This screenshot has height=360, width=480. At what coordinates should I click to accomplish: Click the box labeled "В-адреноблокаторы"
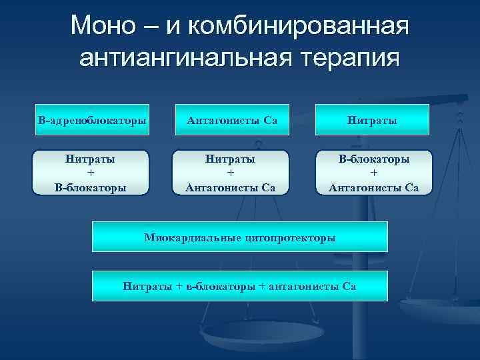click(x=92, y=121)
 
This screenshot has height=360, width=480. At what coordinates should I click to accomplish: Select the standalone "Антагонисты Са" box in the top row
click(x=232, y=121)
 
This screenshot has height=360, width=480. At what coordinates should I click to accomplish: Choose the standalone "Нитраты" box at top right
click(x=373, y=121)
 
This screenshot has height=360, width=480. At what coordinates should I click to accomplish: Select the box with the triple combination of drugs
click(x=239, y=286)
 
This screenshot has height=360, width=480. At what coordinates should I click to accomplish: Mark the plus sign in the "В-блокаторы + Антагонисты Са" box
click(x=374, y=173)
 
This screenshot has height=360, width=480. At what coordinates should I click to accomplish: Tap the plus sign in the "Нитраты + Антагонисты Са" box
click(x=231, y=173)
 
